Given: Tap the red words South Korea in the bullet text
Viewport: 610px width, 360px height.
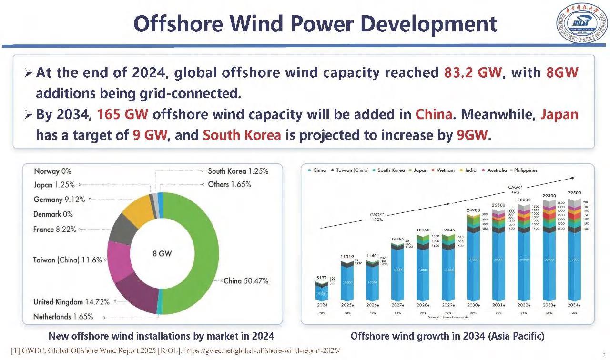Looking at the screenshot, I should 242,135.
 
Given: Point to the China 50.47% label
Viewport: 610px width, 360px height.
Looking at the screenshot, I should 246,281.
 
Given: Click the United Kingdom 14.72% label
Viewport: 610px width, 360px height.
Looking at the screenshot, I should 71,302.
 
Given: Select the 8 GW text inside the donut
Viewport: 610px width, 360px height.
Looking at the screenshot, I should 162,254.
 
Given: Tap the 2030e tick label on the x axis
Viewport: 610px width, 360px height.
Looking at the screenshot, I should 473,305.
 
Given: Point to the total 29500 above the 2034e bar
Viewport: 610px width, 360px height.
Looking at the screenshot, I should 574,193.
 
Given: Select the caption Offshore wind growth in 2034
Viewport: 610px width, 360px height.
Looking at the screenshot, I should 447,336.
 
